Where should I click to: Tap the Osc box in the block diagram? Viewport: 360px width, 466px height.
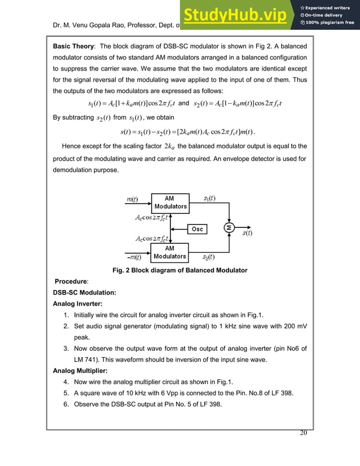[x=197, y=229]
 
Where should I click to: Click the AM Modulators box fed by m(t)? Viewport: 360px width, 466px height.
[x=170, y=203]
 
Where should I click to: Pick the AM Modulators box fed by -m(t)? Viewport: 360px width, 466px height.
[x=170, y=252]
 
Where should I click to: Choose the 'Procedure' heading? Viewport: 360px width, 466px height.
[x=70, y=281]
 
